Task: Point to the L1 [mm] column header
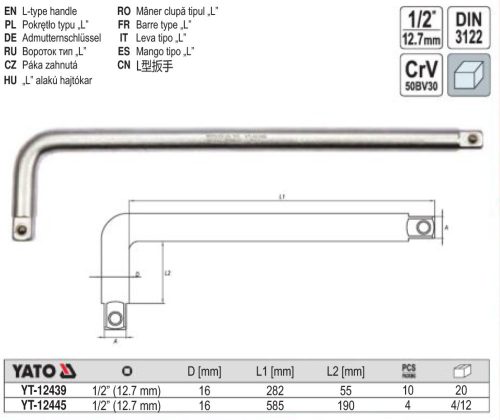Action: (284, 371)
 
